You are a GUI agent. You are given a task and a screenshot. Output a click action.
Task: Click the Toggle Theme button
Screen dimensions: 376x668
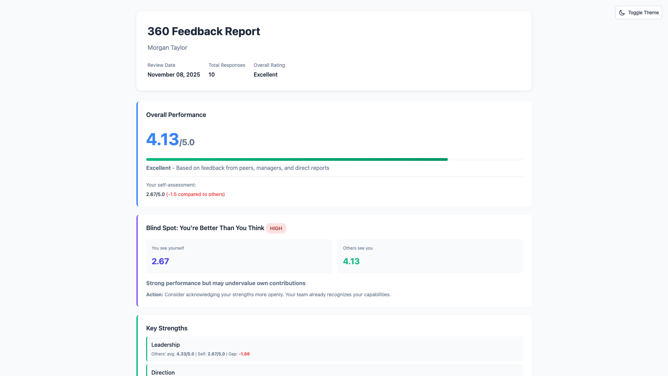click(638, 13)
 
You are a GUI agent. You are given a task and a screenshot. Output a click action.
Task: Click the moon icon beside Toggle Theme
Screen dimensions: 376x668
click(622, 13)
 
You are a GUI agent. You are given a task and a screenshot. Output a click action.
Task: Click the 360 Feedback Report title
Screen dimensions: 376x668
click(204, 31)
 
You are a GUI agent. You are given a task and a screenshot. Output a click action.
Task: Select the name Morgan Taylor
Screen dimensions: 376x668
click(167, 48)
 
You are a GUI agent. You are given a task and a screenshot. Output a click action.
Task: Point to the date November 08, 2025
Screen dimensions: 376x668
click(174, 75)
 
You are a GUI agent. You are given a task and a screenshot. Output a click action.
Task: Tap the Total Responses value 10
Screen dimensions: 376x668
click(212, 75)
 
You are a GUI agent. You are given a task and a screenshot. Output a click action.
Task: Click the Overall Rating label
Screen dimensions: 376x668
click(269, 65)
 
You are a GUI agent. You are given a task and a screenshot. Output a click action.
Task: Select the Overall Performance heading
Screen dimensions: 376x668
click(176, 115)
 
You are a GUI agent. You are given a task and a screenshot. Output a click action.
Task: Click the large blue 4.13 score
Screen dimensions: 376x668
click(162, 139)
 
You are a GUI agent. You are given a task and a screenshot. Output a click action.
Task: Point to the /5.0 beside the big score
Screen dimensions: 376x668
click(187, 142)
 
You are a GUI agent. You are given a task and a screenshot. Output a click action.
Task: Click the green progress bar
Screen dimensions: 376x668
click(297, 159)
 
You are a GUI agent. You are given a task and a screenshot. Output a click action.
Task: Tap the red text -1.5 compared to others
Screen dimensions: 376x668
click(196, 194)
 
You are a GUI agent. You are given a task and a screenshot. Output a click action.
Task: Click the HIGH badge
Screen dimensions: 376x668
click(276, 228)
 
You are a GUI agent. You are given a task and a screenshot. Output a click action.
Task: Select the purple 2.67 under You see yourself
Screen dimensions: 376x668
click(160, 261)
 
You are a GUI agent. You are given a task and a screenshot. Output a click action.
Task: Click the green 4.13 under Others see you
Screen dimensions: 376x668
click(351, 261)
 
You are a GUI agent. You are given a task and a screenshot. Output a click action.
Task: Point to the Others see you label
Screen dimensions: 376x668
click(358, 248)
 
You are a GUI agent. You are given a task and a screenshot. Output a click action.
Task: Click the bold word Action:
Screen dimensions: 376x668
click(154, 295)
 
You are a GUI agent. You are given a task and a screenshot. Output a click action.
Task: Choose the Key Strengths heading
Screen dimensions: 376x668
click(167, 328)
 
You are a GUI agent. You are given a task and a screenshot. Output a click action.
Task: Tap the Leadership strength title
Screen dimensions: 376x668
click(166, 345)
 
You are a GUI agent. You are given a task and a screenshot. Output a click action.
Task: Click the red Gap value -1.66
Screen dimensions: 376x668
click(244, 354)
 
